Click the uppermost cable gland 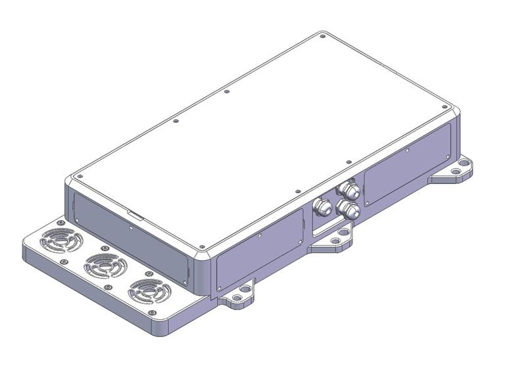348,191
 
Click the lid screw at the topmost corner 322,36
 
